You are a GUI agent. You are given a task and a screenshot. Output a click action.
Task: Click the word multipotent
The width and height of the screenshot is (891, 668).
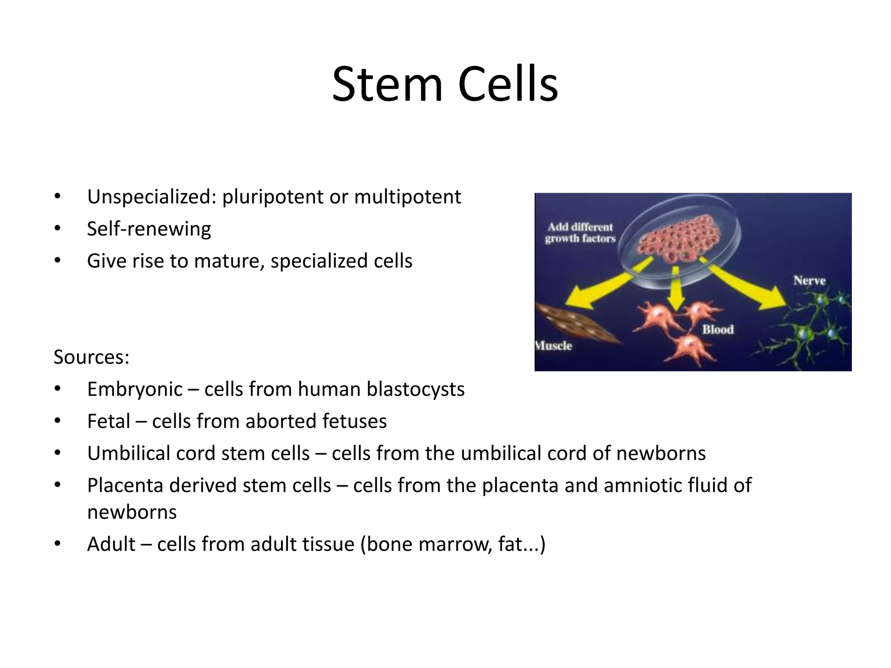(x=407, y=197)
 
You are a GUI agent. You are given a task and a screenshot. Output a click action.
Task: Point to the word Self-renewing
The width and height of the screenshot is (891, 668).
(x=149, y=229)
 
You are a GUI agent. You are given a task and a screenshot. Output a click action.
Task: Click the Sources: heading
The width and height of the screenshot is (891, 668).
(x=91, y=357)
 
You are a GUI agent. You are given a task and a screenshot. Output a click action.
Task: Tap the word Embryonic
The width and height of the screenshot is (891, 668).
(x=135, y=389)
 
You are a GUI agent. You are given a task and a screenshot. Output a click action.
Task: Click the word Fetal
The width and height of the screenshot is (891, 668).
(x=109, y=421)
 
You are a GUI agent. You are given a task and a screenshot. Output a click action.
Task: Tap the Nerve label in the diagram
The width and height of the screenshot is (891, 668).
(x=809, y=281)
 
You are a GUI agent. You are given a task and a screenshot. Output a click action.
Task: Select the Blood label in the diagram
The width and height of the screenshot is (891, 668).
(x=718, y=330)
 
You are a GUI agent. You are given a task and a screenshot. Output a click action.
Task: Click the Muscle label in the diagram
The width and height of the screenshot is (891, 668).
(x=554, y=346)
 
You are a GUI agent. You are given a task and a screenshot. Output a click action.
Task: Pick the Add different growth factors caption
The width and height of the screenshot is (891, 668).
(x=580, y=233)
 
